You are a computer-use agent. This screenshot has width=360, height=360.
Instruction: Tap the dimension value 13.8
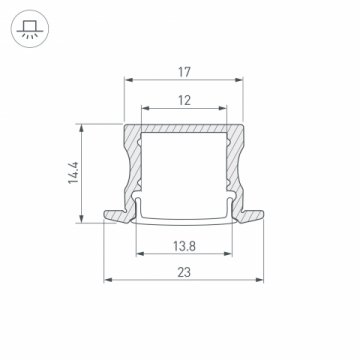(x=185, y=245)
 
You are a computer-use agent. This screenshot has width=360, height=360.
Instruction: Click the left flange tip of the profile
(x=106, y=214)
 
